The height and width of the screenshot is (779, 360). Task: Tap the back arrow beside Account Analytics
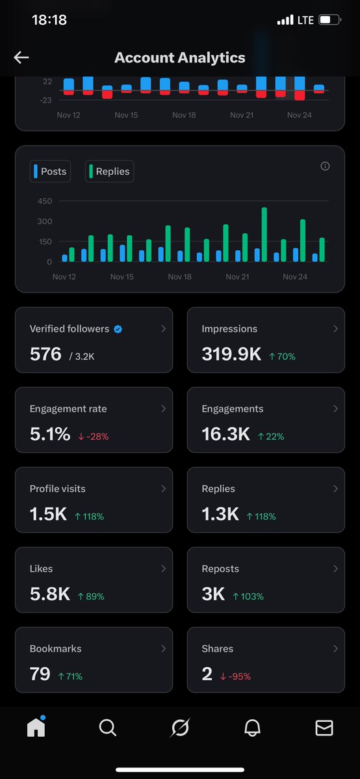(21, 58)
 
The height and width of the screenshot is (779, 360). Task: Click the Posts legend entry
(50, 172)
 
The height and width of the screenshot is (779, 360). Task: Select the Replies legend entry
(109, 172)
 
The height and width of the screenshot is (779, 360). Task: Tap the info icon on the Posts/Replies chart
(325, 166)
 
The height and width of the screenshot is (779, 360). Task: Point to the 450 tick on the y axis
(44, 201)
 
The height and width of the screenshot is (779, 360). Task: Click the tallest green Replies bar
(264, 235)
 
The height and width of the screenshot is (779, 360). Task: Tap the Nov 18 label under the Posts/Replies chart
(179, 277)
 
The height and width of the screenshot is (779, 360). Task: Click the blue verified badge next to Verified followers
(118, 329)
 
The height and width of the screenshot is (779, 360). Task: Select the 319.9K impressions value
(231, 354)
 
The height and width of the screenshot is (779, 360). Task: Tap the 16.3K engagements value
(225, 434)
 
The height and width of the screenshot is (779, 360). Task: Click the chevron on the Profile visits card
(163, 489)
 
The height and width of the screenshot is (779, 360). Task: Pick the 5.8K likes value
(49, 594)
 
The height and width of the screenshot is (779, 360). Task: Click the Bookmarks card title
(55, 648)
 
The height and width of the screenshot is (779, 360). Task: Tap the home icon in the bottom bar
(36, 728)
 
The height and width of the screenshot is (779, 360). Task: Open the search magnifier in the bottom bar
(107, 728)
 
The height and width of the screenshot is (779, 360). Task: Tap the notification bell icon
(252, 728)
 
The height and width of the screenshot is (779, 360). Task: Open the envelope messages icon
(324, 728)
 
